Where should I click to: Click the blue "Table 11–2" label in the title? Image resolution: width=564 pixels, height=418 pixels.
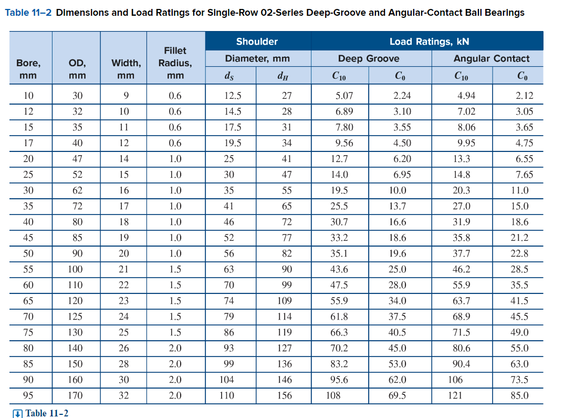point(28,13)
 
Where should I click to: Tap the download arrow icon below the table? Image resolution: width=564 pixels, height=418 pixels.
point(17,414)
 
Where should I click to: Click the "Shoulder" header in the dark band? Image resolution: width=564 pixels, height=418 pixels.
point(257,42)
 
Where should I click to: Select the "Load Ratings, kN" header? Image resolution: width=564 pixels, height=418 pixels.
point(429,42)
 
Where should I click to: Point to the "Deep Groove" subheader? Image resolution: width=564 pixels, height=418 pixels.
point(369,58)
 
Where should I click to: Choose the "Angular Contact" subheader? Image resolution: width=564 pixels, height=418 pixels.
point(492,58)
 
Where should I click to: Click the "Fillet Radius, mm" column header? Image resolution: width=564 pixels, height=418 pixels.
point(175,63)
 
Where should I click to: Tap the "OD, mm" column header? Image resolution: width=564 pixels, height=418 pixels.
point(77,69)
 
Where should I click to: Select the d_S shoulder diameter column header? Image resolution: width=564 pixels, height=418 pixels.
point(229,76)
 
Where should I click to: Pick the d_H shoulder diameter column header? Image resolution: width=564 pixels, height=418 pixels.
point(283,76)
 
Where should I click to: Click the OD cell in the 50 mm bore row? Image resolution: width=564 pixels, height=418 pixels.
point(77,253)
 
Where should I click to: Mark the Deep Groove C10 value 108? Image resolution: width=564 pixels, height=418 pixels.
point(333,395)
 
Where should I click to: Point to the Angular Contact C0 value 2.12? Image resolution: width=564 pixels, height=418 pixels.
point(524,95)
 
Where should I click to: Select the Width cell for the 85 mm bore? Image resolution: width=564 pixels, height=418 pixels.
point(124,364)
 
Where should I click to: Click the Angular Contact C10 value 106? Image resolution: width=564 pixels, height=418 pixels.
point(455,380)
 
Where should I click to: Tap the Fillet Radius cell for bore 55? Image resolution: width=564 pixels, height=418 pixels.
point(175,269)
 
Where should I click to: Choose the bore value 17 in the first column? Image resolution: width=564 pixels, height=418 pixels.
point(28,143)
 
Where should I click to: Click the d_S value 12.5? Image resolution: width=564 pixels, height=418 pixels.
point(233,95)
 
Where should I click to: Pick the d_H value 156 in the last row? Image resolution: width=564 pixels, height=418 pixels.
point(285,395)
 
